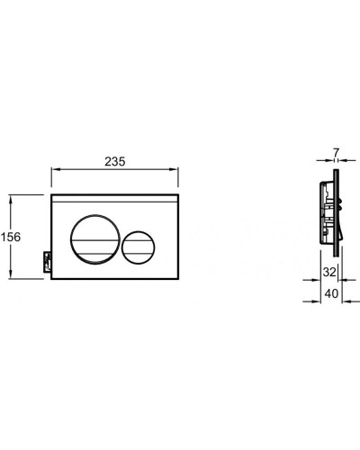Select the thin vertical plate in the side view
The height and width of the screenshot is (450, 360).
tap(336, 225)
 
